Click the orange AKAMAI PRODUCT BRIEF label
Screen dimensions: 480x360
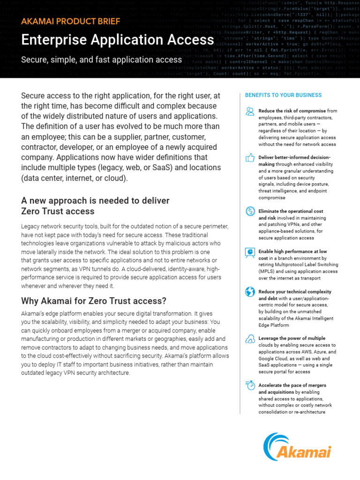pyautogui.click(x=71, y=22)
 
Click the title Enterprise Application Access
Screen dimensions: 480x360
pyautogui.click(x=118, y=40)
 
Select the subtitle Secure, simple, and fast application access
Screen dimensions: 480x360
pyautogui.click(x=101, y=60)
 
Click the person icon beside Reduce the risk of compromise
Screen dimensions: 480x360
pyautogui.click(x=249, y=111)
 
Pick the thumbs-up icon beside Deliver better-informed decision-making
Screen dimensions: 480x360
pyautogui.click(x=249, y=158)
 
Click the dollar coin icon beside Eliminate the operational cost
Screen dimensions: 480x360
pyautogui.click(x=249, y=212)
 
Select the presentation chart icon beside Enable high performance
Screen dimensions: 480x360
pyautogui.click(x=249, y=252)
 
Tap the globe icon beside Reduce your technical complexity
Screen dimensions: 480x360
pyautogui.click(x=249, y=292)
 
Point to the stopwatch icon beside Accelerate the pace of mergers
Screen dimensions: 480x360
pyautogui.click(x=249, y=385)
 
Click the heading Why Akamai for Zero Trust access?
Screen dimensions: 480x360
pyautogui.click(x=94, y=300)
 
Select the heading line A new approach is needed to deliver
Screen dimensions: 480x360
pyautogui.click(x=95, y=201)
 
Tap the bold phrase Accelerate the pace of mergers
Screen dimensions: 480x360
pyautogui.click(x=292, y=385)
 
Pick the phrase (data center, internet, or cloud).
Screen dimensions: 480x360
pyautogui.click(x=74, y=178)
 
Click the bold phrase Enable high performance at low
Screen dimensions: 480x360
pyautogui.click(x=292, y=252)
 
